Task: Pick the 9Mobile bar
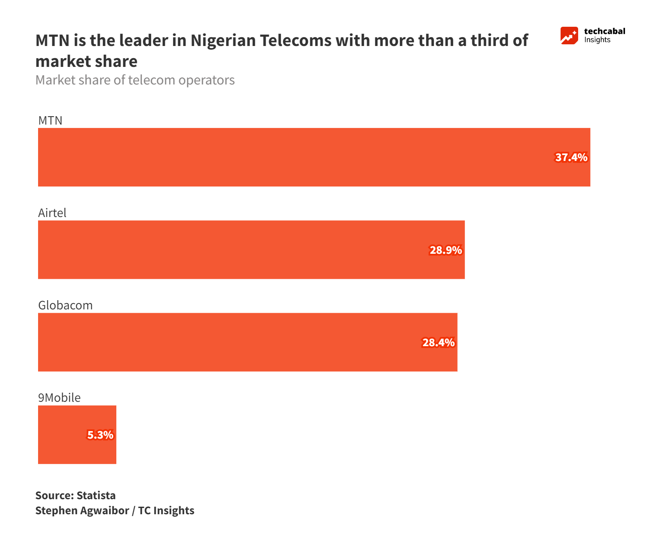(63, 434)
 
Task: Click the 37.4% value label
(571, 158)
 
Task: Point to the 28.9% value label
(446, 250)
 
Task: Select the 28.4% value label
(438, 342)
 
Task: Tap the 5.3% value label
(100, 435)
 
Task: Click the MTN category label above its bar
(50, 120)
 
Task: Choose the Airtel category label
(52, 213)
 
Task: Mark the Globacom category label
(65, 305)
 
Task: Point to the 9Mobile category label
(59, 398)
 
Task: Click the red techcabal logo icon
(569, 36)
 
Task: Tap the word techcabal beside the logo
(605, 31)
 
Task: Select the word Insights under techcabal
(597, 40)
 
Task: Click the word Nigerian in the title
(223, 41)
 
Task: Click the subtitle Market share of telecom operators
(135, 80)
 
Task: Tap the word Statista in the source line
(96, 495)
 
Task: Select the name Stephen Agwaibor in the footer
(82, 510)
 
